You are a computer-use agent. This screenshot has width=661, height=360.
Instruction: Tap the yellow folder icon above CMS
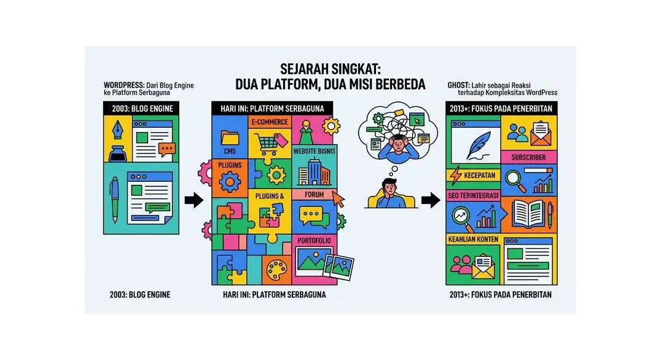coord(230,138)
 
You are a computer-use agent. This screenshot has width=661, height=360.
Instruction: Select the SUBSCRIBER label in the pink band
coord(529,157)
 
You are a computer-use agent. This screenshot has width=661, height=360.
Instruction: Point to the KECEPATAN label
coord(480,175)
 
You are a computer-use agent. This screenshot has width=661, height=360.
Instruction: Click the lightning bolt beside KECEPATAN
coord(456,175)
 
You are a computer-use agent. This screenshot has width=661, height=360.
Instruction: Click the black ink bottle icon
coord(117,154)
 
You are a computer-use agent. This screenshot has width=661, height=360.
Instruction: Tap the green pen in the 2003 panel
coord(115,200)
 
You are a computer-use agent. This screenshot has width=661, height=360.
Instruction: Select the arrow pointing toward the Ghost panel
coord(431,200)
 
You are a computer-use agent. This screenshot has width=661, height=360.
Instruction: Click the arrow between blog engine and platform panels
coord(194,200)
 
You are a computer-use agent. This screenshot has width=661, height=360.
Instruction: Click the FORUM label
coord(315,195)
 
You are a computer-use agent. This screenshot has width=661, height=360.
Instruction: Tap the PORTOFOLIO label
coord(314,241)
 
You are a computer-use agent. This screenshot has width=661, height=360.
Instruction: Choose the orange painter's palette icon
coord(276,269)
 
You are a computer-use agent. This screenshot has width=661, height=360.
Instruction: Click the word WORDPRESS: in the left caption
coord(124,85)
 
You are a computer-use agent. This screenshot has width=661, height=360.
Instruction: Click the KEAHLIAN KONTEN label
coord(473,240)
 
